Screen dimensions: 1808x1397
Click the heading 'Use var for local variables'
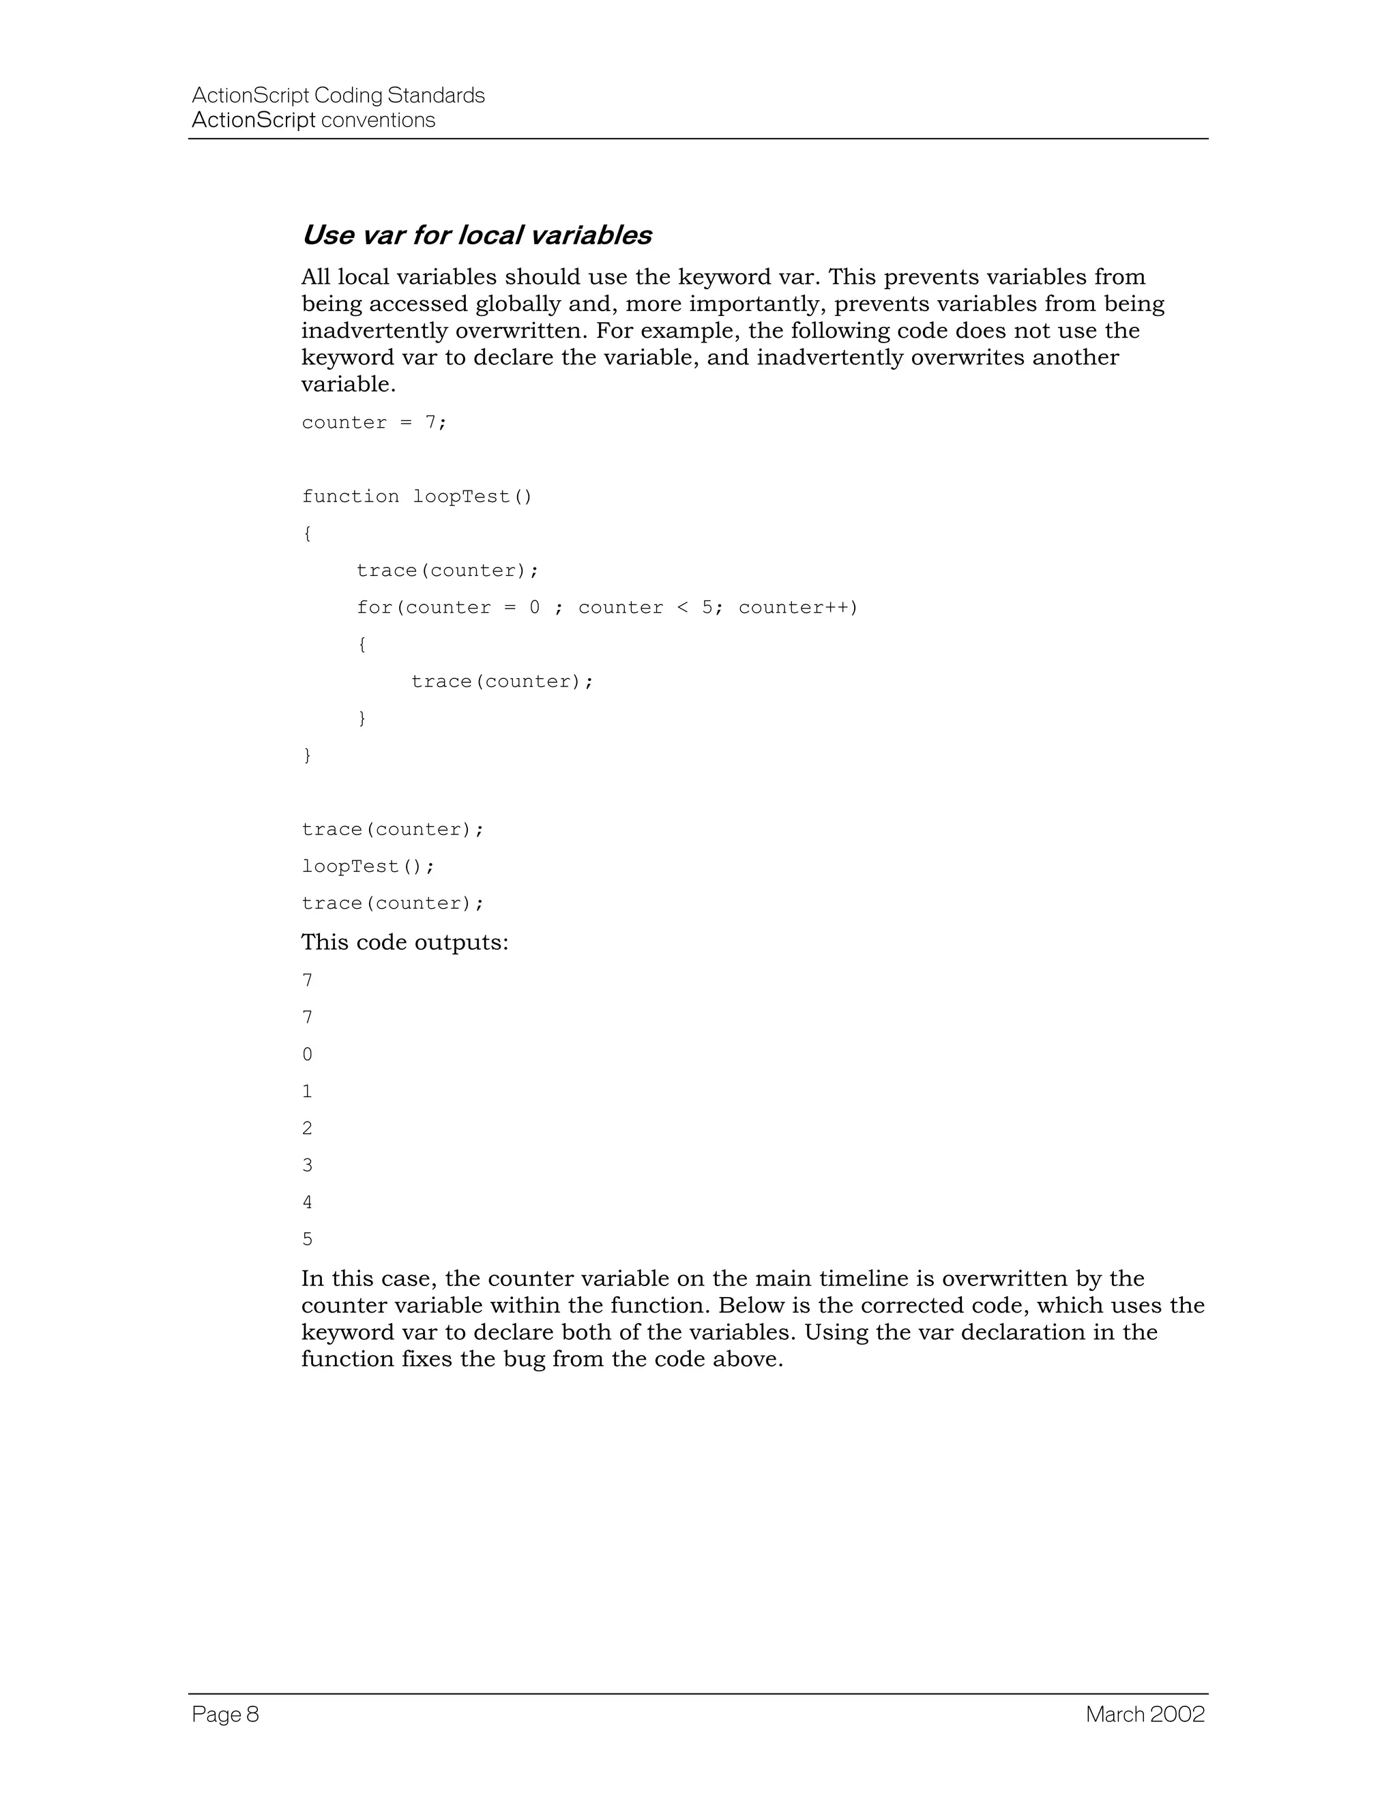pos(476,236)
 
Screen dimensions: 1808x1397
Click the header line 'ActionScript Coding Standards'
pos(338,96)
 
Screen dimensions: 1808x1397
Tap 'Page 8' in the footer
pos(225,1715)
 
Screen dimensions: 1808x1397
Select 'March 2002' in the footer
pos(1145,1715)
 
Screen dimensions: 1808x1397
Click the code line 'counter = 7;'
pos(374,423)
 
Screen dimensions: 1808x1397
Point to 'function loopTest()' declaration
pos(417,497)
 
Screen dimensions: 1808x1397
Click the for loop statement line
pos(608,608)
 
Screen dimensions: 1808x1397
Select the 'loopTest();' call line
pos(368,866)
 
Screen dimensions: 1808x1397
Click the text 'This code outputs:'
pos(405,943)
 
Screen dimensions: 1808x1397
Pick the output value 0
pos(307,1055)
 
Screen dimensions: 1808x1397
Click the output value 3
pos(307,1165)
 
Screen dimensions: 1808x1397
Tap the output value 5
pos(307,1239)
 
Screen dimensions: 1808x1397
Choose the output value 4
pos(307,1203)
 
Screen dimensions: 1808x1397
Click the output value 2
pos(307,1128)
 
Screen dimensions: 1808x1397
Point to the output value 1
pos(307,1092)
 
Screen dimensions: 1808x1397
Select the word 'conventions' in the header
pos(377,121)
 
